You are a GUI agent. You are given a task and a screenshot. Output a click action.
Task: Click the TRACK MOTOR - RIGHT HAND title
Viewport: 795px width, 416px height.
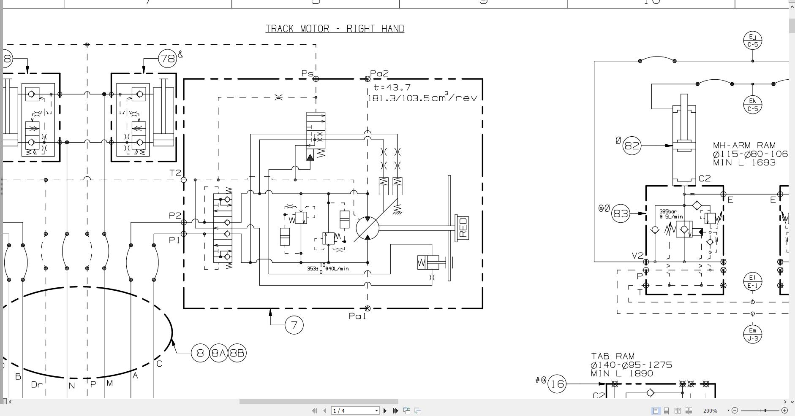[335, 29]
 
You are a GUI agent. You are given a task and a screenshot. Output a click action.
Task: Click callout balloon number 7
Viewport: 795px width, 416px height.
[294, 325]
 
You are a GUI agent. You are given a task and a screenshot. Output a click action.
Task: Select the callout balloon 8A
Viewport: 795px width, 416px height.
[219, 353]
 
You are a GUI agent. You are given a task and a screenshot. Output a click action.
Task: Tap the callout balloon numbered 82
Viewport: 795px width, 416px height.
[632, 146]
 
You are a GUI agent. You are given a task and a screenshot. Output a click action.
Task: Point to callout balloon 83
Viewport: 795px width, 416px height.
[621, 213]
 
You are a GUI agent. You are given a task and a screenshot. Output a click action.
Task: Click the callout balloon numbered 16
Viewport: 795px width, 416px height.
[557, 384]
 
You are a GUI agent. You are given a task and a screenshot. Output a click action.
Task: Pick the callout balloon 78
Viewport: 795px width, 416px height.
[167, 58]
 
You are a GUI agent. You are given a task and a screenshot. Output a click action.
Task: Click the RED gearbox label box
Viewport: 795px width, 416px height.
[463, 228]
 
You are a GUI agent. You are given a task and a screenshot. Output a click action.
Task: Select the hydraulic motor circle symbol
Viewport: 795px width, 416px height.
[368, 228]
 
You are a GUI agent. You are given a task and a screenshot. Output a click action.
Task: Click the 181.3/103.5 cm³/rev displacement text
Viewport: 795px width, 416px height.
[422, 98]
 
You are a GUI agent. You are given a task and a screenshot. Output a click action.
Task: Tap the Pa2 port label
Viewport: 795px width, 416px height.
[379, 73]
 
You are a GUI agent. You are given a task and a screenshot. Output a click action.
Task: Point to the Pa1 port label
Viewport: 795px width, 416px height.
[357, 316]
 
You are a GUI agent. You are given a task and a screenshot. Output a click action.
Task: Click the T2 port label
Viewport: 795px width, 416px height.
[175, 173]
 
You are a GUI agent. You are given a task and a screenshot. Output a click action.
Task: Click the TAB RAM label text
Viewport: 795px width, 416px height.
[613, 356]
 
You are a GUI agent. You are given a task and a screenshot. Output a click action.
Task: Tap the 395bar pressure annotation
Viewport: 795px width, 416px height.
[668, 211]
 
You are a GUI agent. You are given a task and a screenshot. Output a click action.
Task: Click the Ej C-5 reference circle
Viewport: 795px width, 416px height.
[752, 41]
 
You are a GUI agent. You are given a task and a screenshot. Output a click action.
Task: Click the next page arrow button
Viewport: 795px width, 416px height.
[385, 411]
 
